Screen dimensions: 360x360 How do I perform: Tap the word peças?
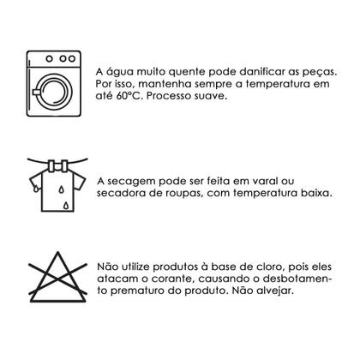[304, 72]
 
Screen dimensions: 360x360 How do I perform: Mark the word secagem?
[135, 182]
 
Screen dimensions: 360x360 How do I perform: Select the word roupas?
[191, 195]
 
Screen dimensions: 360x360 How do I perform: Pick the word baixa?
[312, 195]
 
